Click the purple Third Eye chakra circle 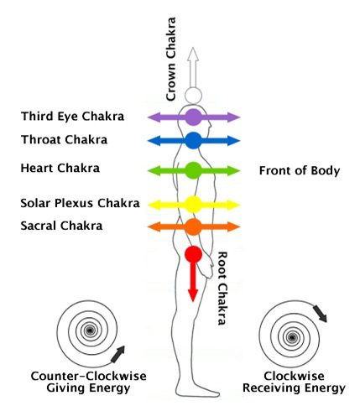tap(193, 117)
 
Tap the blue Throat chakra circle tap(193, 141)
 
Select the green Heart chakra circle tap(193, 170)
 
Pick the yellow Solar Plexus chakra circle tap(193, 205)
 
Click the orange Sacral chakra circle tap(193, 226)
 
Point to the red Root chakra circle tap(193, 254)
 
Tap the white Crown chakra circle tap(193, 96)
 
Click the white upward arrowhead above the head tap(193, 54)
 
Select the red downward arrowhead tap(193, 295)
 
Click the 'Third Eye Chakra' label tap(72, 117)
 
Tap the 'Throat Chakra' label tap(64, 140)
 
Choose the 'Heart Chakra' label tap(60, 169)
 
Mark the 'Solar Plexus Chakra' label tap(80, 203)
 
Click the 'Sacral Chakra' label tap(61, 226)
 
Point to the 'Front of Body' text tap(300, 170)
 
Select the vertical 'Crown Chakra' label tap(170, 59)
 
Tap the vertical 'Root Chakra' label tap(222, 289)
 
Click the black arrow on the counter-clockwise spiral tap(117, 354)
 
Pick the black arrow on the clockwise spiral tap(320, 314)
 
